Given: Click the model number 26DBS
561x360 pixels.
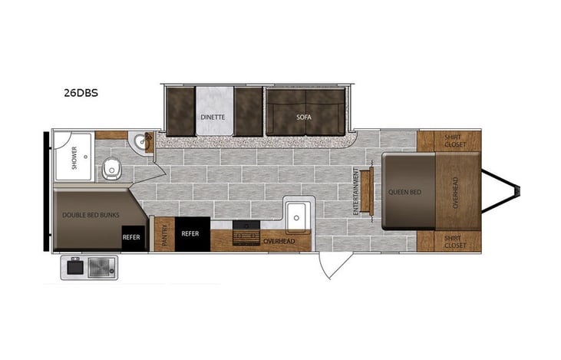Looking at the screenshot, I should tap(81, 93).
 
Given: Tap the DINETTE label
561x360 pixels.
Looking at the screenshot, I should tap(213, 117).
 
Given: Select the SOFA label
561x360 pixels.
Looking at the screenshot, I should tap(304, 117).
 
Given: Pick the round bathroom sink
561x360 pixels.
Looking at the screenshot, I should tap(138, 142).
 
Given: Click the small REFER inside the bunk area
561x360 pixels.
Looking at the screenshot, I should tap(130, 237).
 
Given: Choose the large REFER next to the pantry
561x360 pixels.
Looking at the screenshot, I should tap(190, 233).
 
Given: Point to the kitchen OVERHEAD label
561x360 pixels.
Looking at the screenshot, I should tap(279, 241).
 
